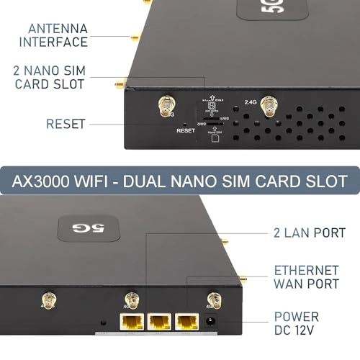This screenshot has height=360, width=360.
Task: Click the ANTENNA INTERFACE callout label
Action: pyautogui.click(x=58, y=35)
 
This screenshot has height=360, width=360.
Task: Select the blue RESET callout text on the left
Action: pyautogui.click(x=66, y=124)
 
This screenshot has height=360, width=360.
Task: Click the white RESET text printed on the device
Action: pyautogui.click(x=186, y=131)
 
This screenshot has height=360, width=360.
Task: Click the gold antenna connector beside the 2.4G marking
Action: pyautogui.click(x=270, y=108)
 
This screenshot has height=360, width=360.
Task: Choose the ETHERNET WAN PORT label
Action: pyautogui.click(x=306, y=278)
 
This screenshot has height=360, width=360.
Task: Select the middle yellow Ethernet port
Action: pyautogui.click(x=158, y=323)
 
